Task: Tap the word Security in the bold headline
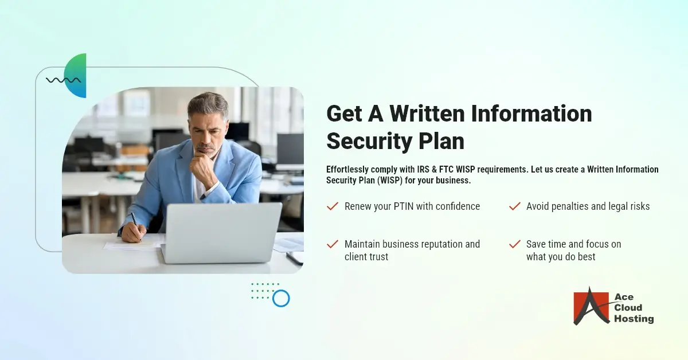point(369,141)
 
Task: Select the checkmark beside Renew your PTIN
point(333,206)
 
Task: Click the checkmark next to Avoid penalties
point(515,206)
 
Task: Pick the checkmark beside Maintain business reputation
point(333,244)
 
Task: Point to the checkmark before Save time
point(515,244)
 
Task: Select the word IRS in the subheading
point(423,170)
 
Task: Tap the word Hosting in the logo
point(634,319)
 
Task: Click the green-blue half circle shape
point(75,76)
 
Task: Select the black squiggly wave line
point(63,80)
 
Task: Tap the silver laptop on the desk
point(221,233)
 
